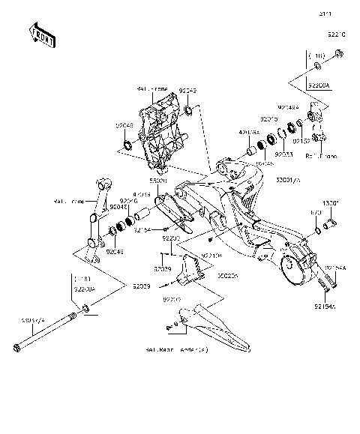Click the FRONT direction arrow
[x=42, y=35]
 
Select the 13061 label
[x=331, y=202]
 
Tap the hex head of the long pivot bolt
[x=16, y=346]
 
